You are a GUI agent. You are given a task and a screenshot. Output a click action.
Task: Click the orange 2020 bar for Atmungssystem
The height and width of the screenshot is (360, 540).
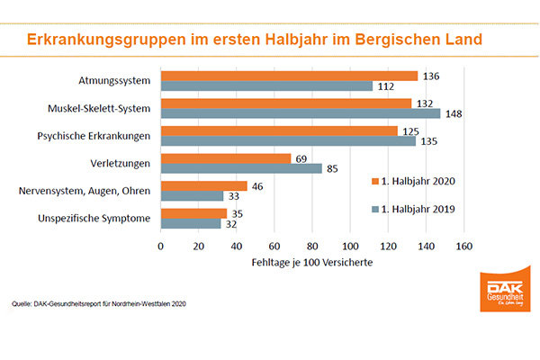tap(288, 76)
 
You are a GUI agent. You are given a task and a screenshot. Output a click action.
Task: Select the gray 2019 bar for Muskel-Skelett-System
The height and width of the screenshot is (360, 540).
tap(300, 113)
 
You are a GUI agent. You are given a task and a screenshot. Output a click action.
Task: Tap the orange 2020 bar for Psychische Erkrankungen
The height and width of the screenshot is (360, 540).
tap(279, 130)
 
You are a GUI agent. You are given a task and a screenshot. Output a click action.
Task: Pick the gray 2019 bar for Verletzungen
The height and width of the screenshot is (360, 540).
tap(241, 168)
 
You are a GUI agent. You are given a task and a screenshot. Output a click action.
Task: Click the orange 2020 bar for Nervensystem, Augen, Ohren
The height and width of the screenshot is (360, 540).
tap(203, 185)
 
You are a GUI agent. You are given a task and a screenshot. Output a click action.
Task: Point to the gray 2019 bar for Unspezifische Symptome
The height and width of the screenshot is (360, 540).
tap(191, 223)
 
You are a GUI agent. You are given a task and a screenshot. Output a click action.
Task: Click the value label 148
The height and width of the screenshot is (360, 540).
tap(454, 113)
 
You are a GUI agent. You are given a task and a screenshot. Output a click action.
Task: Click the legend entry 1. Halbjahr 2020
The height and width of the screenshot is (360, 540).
tap(414, 182)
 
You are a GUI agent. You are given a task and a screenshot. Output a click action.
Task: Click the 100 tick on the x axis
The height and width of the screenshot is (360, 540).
tap(350, 245)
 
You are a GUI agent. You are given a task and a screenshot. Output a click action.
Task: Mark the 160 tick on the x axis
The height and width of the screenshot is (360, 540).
tap(463, 245)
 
